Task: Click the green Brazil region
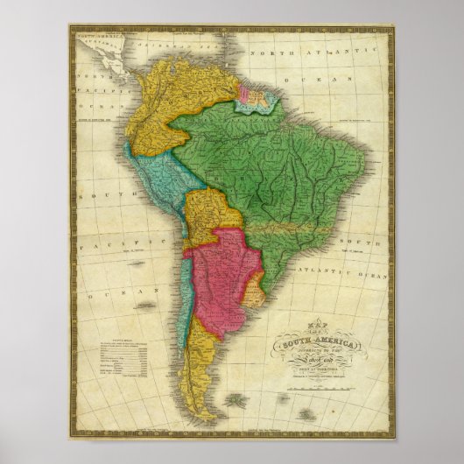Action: coord(289,166)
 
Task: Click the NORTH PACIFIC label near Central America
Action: coord(92,88)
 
